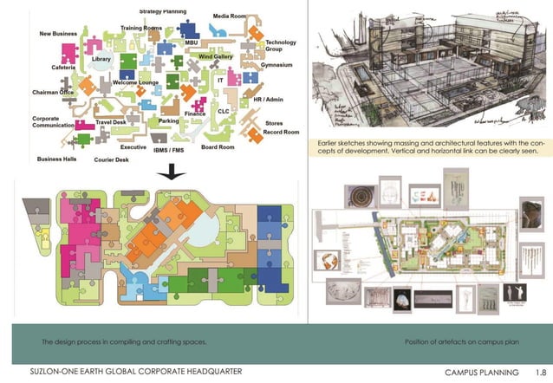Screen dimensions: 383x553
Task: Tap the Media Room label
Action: pyautogui.click(x=230, y=16)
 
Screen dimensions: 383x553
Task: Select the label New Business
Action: pyautogui.click(x=58, y=34)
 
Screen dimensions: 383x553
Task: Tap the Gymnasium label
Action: pyautogui.click(x=279, y=64)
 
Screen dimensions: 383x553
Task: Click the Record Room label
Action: pyautogui.click(x=281, y=133)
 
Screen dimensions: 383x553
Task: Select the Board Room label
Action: pyautogui.click(x=218, y=147)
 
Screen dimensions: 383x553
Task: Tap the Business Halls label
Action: pyautogui.click(x=56, y=159)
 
